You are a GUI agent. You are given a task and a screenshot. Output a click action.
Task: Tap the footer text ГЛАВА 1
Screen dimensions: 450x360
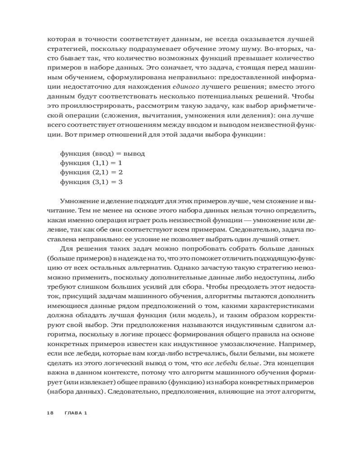(75, 413)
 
